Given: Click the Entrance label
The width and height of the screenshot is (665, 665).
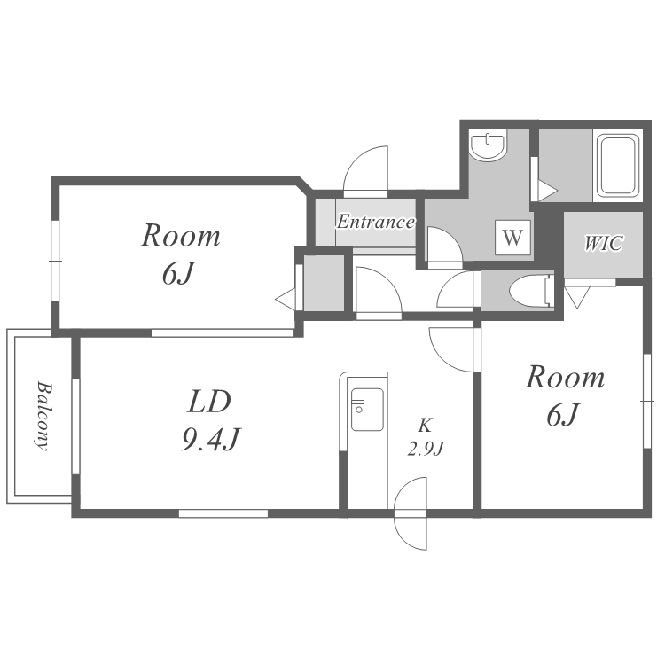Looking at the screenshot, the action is click(x=375, y=222).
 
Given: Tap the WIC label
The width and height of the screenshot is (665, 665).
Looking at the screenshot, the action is click(x=604, y=243).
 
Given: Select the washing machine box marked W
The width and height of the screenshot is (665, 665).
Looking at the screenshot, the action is click(x=512, y=237).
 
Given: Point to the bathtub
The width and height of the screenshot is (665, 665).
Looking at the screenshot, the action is click(x=618, y=166).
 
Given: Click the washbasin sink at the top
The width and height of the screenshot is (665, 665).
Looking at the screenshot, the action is click(x=489, y=145).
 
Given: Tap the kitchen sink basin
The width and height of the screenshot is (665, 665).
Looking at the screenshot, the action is click(x=367, y=410).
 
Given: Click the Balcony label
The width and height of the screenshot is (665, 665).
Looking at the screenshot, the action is click(x=43, y=416).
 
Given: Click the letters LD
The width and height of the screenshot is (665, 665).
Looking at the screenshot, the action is click(x=209, y=402).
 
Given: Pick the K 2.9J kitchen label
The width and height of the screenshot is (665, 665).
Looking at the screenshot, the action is click(x=425, y=436).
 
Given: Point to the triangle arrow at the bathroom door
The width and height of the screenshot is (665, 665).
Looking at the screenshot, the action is click(x=548, y=191).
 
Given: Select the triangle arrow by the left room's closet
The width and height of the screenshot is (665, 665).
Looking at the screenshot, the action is click(x=285, y=299).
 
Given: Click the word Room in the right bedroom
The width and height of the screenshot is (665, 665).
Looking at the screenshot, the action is click(x=565, y=377).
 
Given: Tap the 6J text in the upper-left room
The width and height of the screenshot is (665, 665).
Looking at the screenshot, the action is click(x=178, y=273).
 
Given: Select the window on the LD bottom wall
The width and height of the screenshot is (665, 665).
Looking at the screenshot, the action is click(x=223, y=513).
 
